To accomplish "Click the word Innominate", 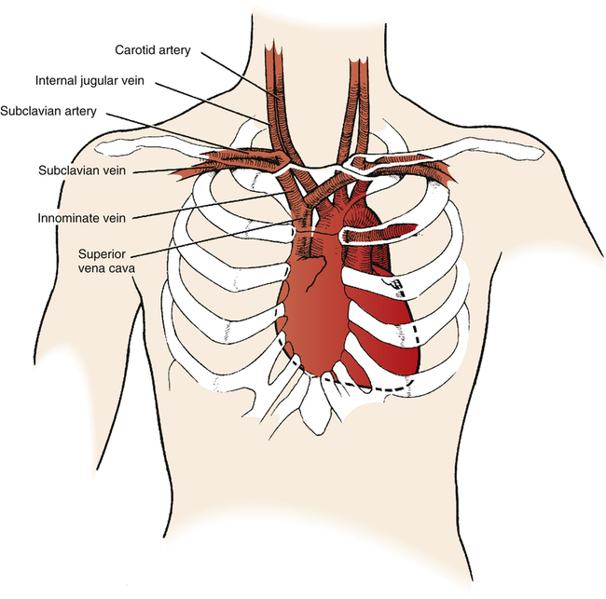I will pos(69,217).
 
